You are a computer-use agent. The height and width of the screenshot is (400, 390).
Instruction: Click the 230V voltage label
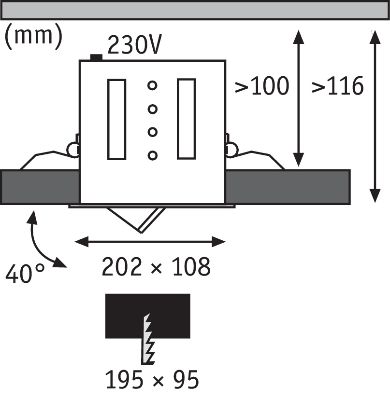134,46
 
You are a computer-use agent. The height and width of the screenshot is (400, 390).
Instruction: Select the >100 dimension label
261,86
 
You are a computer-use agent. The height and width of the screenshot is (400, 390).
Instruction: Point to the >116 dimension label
337,86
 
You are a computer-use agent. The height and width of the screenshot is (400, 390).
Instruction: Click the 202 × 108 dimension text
156,267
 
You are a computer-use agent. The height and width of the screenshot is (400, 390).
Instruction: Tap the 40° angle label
25,276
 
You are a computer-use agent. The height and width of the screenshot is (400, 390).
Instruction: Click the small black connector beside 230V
97,58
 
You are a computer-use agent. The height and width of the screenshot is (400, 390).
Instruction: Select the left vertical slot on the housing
116,119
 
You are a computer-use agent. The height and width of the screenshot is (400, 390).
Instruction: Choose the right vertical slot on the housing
186,119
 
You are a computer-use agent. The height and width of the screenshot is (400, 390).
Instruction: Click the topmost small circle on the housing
153,86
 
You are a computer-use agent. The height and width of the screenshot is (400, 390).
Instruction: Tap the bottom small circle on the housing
153,155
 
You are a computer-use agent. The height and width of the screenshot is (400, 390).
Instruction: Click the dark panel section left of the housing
40,187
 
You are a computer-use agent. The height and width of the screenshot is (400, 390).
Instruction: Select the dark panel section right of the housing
288,187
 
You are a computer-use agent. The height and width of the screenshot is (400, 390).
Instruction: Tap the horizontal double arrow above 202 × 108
151,241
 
